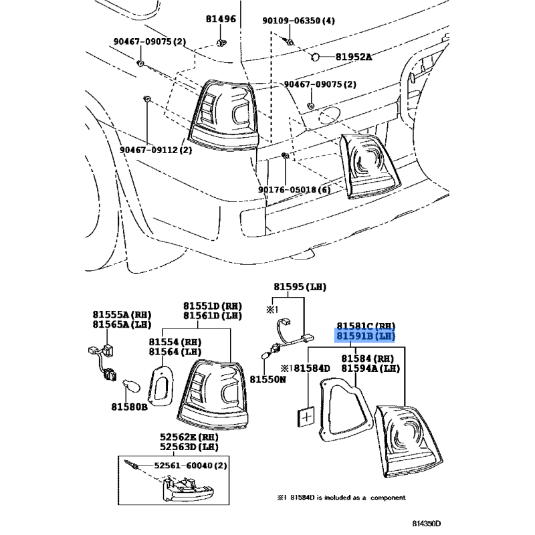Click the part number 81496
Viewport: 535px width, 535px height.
pyautogui.click(x=221, y=19)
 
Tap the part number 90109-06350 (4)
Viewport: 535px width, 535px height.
pyautogui.click(x=298, y=21)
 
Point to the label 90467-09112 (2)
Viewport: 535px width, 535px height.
pyautogui.click(x=156, y=150)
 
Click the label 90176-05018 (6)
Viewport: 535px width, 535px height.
pyautogui.click(x=295, y=189)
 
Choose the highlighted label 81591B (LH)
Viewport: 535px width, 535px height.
pyautogui.click(x=365, y=336)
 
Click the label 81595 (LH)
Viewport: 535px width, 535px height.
pyautogui.click(x=299, y=286)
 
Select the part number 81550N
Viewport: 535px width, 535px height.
pyautogui.click(x=268, y=379)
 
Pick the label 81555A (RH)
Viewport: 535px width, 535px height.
pyautogui.click(x=122, y=314)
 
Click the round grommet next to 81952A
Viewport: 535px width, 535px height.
pyautogui.click(x=315, y=57)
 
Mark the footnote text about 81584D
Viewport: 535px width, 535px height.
pyautogui.click(x=341, y=498)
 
